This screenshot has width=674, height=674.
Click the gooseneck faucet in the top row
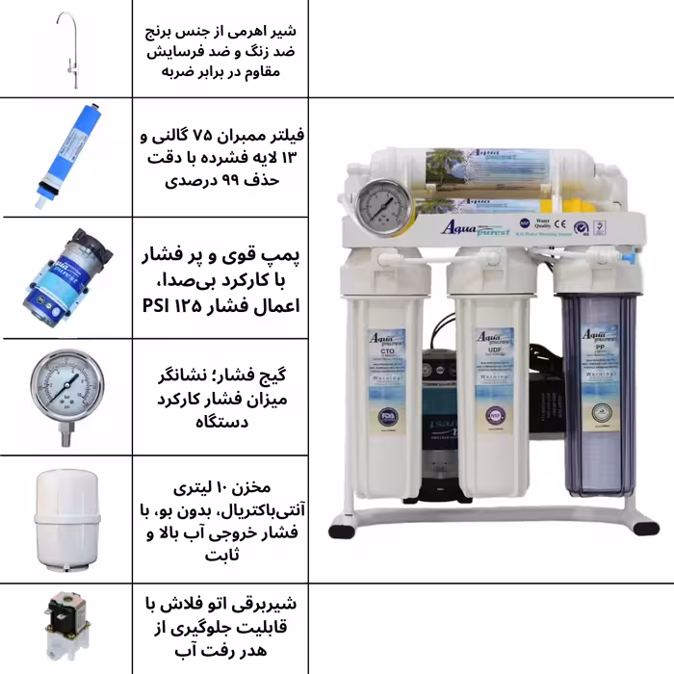pyautogui.click(x=69, y=48)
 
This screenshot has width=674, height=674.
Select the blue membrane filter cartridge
pyautogui.click(x=66, y=157)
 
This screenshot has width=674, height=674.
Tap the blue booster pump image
pyautogui.click(x=66, y=277)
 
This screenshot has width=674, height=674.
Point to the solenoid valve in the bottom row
pyautogui.click(x=65, y=628)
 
